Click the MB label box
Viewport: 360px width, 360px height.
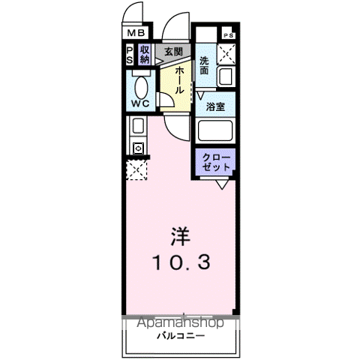135,34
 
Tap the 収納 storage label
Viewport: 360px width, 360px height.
145,54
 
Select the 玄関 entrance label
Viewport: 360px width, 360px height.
173,52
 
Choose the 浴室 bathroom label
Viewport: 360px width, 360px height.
216,106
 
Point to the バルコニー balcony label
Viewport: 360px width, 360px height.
179,336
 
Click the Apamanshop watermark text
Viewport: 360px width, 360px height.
179,323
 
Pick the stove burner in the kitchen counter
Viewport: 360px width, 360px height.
138,148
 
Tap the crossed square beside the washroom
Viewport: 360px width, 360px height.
227,55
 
